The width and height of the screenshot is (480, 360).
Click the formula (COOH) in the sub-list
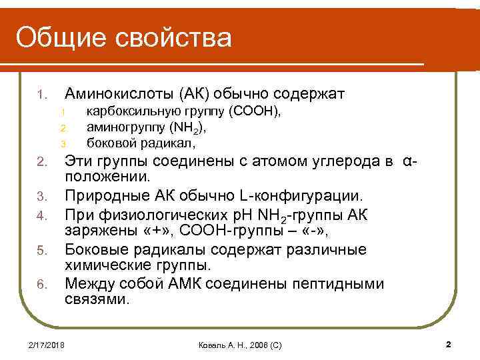click(x=255, y=110)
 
